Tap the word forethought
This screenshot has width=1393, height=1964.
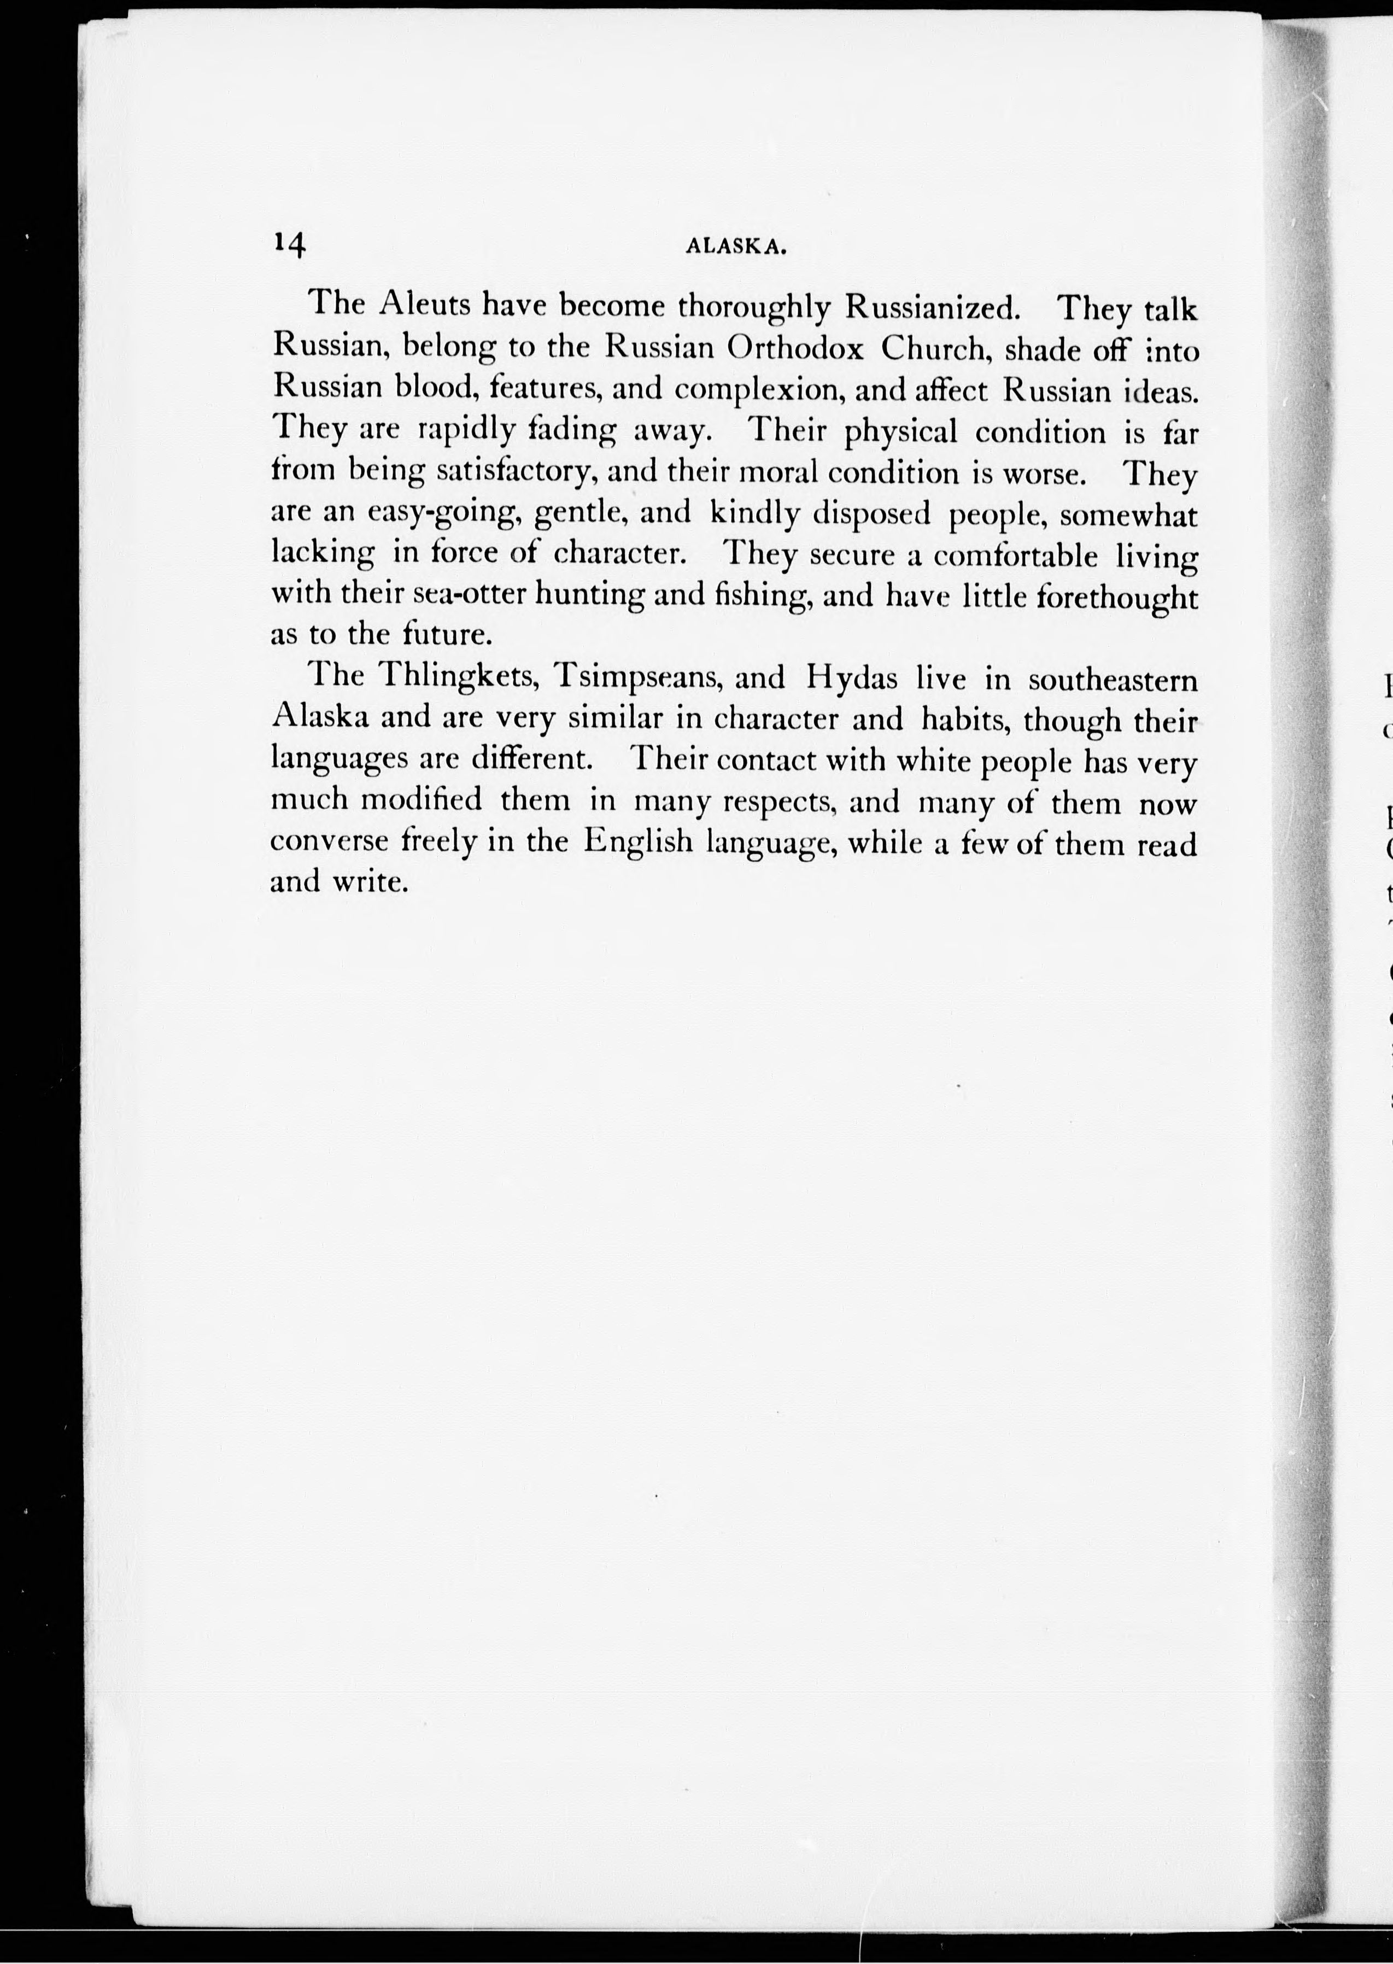pyautogui.click(x=1117, y=598)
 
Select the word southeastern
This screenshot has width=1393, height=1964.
pyautogui.click(x=1113, y=680)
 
